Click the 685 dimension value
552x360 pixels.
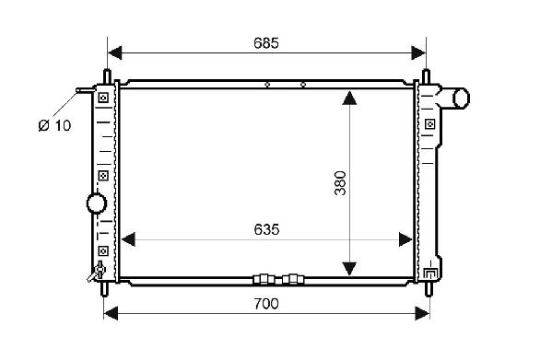pos(266,43)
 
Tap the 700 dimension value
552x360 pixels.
pos(266,304)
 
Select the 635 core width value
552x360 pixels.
pos(266,229)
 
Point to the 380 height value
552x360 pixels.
pos(340,183)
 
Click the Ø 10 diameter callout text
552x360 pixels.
pos(54,125)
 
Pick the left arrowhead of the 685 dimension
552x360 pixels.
pos(115,52)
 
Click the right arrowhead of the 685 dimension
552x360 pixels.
pos(418,52)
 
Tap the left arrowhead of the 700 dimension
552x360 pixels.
pos(111,313)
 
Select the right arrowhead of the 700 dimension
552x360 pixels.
pos(422,313)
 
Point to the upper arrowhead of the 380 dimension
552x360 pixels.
pos(349,99)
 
